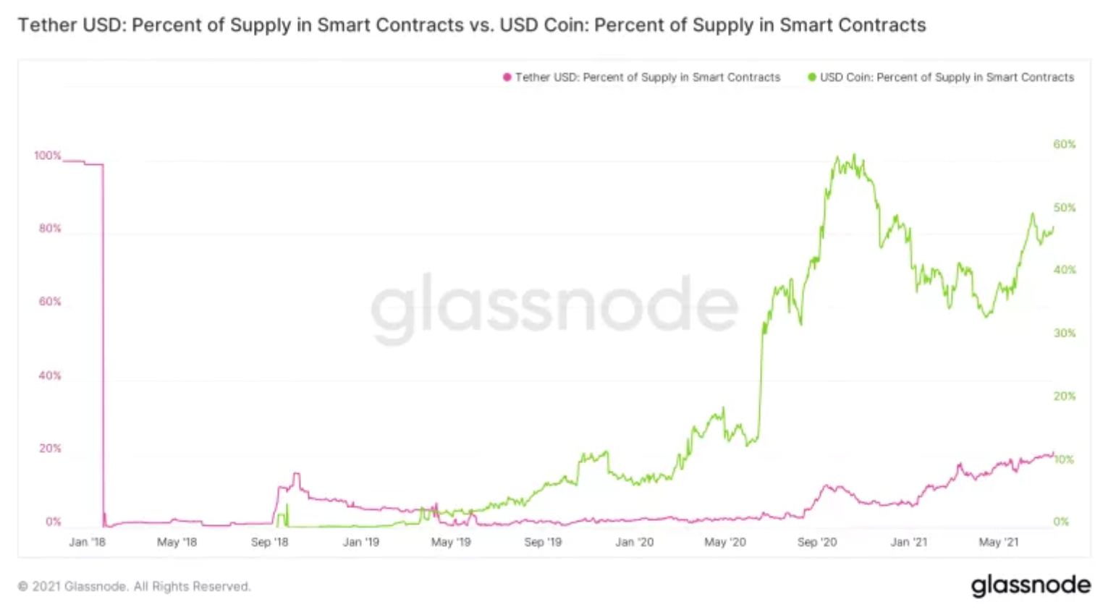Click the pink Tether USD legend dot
pos(507,77)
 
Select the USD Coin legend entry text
pos(947,77)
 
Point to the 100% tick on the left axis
pos(48,156)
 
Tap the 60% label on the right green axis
pos(1064,145)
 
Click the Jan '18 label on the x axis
pos(87,542)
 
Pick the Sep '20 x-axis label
pos(817,542)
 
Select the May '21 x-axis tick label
pos(999,542)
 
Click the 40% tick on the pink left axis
pos(50,376)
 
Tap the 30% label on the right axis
pos(1064,334)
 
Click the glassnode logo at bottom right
pos(1031,585)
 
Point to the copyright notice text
pos(134,586)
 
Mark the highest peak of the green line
pos(855,155)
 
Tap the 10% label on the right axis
pos(1064,459)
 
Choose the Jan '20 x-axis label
pos(635,542)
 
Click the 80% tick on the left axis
pos(50,229)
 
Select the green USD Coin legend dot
pos(812,77)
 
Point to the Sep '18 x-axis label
pos(269,542)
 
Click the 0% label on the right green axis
pos(1061,522)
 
